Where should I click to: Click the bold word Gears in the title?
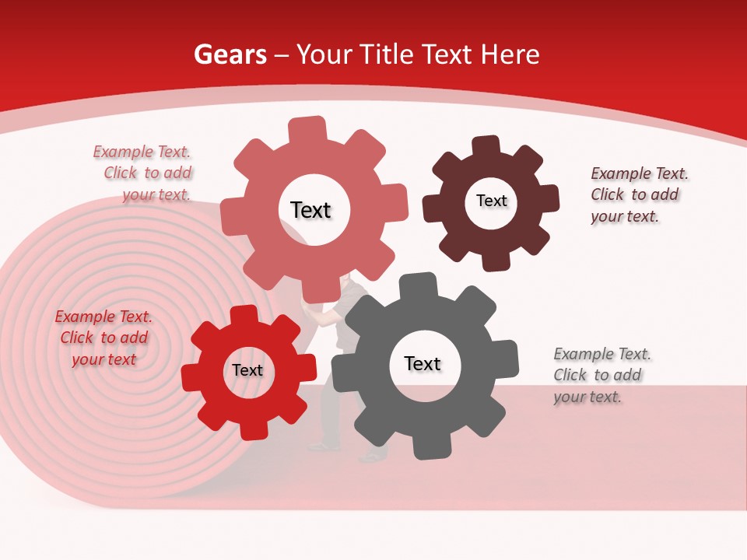[x=230, y=54]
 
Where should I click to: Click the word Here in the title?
[x=510, y=54]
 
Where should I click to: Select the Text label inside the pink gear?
[x=310, y=210]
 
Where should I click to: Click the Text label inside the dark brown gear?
[x=491, y=201]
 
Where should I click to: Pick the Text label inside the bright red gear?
[x=247, y=370]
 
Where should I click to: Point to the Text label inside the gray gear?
[x=423, y=363]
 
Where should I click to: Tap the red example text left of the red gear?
[x=103, y=338]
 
